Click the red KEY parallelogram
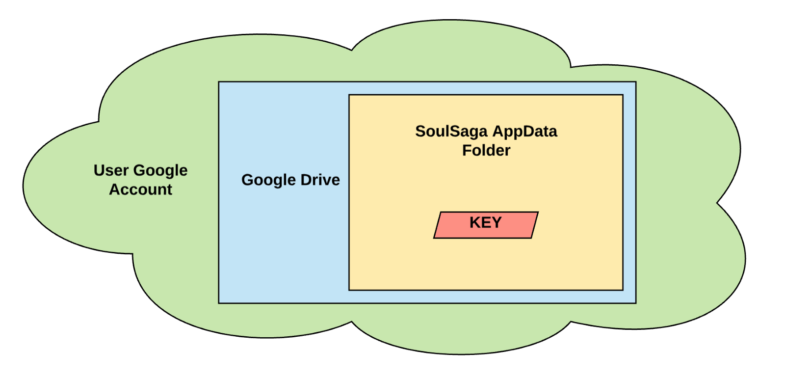coord(486,225)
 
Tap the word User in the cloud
coord(111,170)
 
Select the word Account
coord(141,189)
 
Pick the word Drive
coord(320,180)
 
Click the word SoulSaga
coord(451,132)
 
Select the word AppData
coord(524,132)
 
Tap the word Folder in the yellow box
coord(486,150)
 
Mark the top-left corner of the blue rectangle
coord(219,82)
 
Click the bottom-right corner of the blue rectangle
coord(636,303)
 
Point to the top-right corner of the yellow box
coord(623,95)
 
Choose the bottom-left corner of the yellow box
coord(349,290)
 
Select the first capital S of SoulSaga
coord(420,132)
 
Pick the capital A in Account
coord(114,189)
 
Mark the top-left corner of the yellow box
coord(349,95)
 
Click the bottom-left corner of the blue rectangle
coord(219,303)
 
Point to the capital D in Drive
coord(306,180)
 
